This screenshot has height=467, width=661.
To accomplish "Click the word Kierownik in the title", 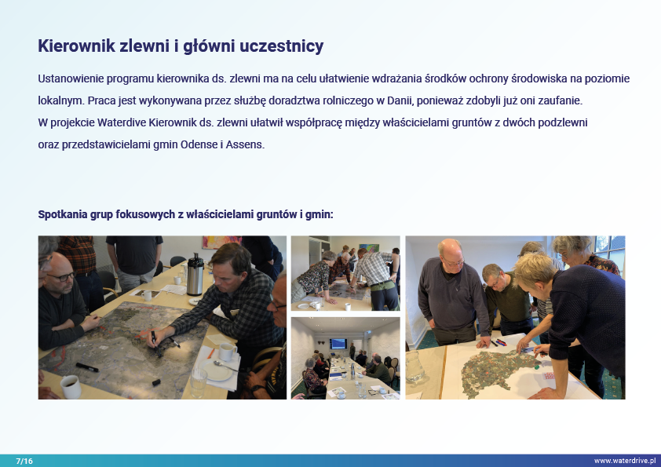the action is (x=77, y=46).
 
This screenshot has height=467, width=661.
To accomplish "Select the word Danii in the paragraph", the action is (x=400, y=100).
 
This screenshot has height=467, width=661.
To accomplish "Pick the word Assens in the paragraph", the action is (x=244, y=144).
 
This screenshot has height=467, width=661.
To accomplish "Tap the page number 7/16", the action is (x=24, y=461).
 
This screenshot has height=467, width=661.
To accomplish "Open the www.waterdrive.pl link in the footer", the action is (x=625, y=461).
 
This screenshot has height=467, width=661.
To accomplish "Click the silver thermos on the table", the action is (x=195, y=275).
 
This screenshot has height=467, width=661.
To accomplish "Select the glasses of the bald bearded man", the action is (x=61, y=277).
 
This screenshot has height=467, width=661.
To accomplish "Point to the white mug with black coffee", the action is (x=71, y=386).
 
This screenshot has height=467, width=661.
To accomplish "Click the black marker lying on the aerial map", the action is (x=87, y=367).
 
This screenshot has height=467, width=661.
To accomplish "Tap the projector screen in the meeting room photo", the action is (x=338, y=344).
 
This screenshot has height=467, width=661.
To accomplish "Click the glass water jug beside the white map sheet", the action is (x=414, y=367).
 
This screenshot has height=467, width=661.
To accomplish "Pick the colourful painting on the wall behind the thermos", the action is (x=221, y=242).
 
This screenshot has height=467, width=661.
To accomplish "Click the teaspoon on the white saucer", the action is (x=225, y=365).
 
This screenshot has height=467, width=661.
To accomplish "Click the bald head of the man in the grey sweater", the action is (x=449, y=250).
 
